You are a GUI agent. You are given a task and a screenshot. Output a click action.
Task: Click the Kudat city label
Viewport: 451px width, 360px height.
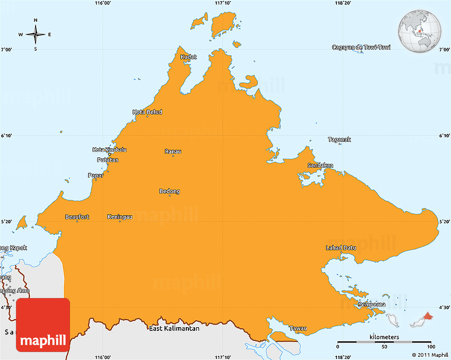pyautogui.click(x=188, y=57)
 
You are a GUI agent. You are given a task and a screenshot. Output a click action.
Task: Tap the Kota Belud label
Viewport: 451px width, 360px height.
pyautogui.click(x=148, y=112)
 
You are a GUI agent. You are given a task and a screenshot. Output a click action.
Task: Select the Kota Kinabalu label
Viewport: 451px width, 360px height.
pyautogui.click(x=109, y=150)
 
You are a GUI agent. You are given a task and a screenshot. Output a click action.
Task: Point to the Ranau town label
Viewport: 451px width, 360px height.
pyautogui.click(x=173, y=152)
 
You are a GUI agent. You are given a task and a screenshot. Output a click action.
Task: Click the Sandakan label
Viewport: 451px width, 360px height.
pyautogui.click(x=320, y=165)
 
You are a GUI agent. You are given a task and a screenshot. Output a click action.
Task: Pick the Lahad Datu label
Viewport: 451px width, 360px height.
pyautogui.click(x=341, y=248)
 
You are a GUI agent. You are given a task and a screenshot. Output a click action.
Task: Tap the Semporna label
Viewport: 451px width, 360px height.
pyautogui.click(x=371, y=305)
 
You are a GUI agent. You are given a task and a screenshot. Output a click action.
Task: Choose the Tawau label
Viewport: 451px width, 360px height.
pyautogui.click(x=298, y=328)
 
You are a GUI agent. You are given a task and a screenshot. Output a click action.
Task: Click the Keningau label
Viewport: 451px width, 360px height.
pyautogui.click(x=120, y=217)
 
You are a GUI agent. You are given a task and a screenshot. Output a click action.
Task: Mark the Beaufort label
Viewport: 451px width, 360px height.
pyautogui.click(x=77, y=217)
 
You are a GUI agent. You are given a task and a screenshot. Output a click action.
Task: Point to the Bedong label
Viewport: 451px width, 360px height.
pyautogui.click(x=170, y=191)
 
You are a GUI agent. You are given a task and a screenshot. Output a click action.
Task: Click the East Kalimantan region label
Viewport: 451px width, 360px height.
pyautogui.click(x=174, y=329)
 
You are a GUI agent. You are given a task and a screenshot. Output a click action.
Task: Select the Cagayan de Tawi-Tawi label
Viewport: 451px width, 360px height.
pyautogui.click(x=361, y=47)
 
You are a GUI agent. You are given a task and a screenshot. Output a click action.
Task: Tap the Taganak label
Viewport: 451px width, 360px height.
pyautogui.click(x=340, y=139)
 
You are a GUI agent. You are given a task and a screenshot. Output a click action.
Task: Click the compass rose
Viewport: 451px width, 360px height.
pyautogui.click(x=36, y=34)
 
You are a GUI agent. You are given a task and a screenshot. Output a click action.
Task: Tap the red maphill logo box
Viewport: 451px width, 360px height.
pyautogui.click(x=43, y=324)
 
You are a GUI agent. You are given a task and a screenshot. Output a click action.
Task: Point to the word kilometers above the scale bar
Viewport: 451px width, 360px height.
pyautogui.click(x=384, y=337)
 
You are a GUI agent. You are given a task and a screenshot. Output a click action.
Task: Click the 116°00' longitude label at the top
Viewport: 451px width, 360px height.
pyautogui.click(x=102, y=3)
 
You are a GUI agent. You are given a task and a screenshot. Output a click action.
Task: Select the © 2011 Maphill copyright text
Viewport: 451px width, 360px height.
pyautogui.click(x=430, y=355)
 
